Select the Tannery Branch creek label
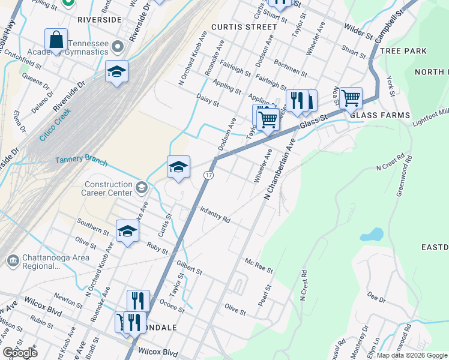81,161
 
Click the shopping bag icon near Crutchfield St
56,40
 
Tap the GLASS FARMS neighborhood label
379,115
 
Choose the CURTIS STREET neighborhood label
244,27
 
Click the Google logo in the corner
20,353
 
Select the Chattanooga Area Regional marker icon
13,261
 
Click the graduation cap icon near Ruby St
127,231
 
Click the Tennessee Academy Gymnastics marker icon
118,46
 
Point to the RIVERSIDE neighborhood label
100,19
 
